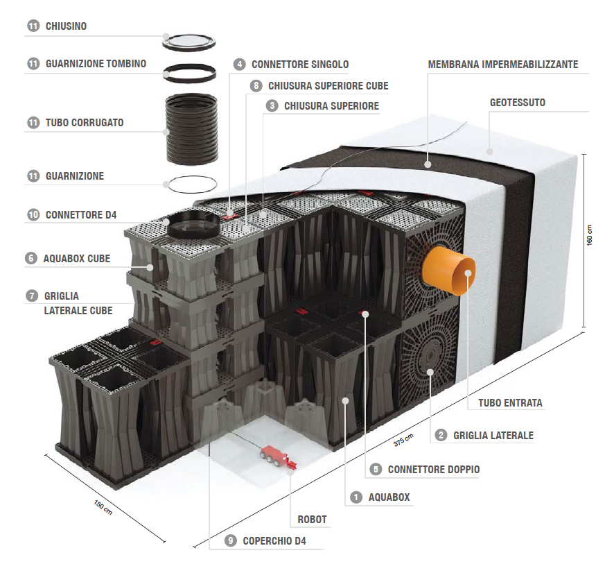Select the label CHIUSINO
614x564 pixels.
[66, 26]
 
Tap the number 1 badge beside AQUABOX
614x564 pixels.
[356, 497]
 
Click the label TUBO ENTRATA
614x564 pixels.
[509, 402]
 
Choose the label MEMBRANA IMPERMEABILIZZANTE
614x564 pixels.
[502, 65]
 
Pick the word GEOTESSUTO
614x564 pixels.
[517, 103]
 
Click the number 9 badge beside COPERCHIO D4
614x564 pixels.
[230, 541]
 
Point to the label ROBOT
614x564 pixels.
[311, 519]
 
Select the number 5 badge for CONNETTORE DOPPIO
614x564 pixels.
[376, 470]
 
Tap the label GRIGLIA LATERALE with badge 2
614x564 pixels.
[493, 436]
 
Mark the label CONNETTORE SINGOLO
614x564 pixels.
[299, 65]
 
